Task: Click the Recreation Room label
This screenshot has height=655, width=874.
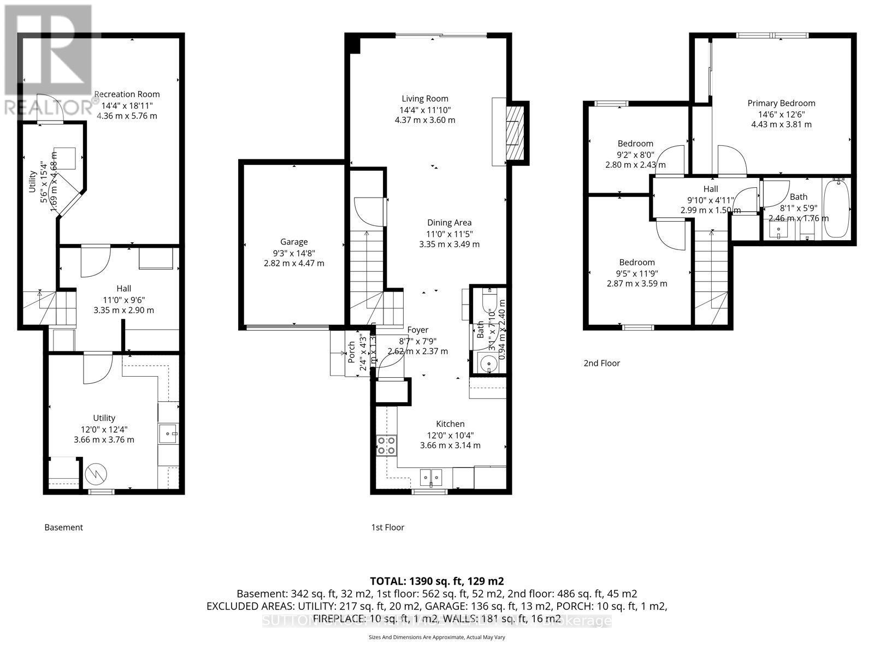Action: click(x=127, y=94)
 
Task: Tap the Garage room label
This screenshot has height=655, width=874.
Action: click(x=294, y=242)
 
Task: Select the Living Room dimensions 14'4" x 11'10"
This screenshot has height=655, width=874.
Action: click(x=425, y=110)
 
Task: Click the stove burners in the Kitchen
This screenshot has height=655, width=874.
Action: click(x=386, y=446)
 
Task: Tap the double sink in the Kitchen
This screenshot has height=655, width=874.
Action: click(x=431, y=478)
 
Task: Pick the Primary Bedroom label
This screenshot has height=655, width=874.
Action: click(x=781, y=103)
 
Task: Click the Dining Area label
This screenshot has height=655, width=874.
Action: click(x=449, y=223)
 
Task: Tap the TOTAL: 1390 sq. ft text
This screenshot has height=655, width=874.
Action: click(x=437, y=581)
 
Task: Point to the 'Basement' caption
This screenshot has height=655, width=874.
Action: click(x=64, y=527)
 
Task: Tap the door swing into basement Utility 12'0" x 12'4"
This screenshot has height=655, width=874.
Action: click(x=97, y=368)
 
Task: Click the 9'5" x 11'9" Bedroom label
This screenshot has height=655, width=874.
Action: click(x=637, y=263)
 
